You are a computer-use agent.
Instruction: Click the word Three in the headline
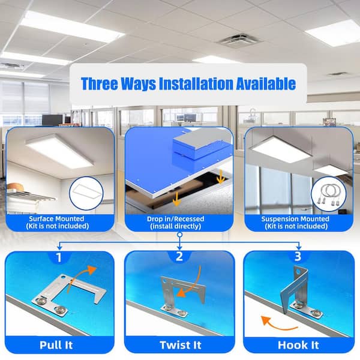pyautogui.click(x=100, y=83)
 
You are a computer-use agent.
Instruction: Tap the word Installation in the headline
pyautogui.click(x=196, y=83)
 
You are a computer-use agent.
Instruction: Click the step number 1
pyautogui.click(x=59, y=257)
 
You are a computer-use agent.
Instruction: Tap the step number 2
pyautogui.click(x=179, y=256)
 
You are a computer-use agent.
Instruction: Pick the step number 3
pyautogui.click(x=298, y=256)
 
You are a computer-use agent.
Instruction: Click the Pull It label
pyautogui.click(x=56, y=345)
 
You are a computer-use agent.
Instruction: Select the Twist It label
pyautogui.click(x=181, y=345)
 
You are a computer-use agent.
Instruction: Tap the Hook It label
pyautogui.click(x=298, y=345)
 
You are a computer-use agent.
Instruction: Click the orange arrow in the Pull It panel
pyautogui.click(x=78, y=277)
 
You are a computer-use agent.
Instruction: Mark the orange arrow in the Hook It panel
pyautogui.click(x=275, y=326)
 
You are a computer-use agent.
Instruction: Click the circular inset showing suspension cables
pyautogui.click(x=329, y=194)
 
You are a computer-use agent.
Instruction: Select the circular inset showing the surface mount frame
pyautogui.click(x=86, y=193)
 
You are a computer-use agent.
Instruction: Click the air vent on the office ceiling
pyautogui.click(x=239, y=41)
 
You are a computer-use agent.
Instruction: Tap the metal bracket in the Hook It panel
pyautogui.click(x=298, y=292)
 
